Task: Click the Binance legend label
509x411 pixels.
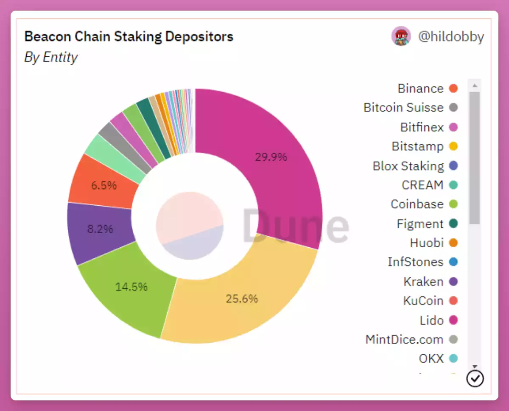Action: [x=420, y=89]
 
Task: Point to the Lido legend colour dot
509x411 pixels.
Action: [x=453, y=320]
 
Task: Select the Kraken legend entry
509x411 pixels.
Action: [x=423, y=282]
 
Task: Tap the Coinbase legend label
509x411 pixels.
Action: [x=417, y=204]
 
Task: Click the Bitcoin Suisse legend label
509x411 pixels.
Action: [x=403, y=108]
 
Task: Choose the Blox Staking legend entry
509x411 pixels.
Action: [x=408, y=166]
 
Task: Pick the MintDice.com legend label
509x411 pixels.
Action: [x=404, y=340]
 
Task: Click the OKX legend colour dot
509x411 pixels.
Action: [x=453, y=359]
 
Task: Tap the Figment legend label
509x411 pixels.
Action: [x=420, y=224]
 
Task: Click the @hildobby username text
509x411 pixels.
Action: [x=451, y=37]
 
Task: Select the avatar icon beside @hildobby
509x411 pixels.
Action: [x=401, y=36]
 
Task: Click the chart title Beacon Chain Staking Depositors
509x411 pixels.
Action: [x=129, y=36]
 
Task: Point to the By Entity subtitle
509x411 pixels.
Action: [x=51, y=57]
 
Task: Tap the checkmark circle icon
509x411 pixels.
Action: [x=475, y=378]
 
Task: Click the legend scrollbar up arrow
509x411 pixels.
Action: [x=475, y=86]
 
